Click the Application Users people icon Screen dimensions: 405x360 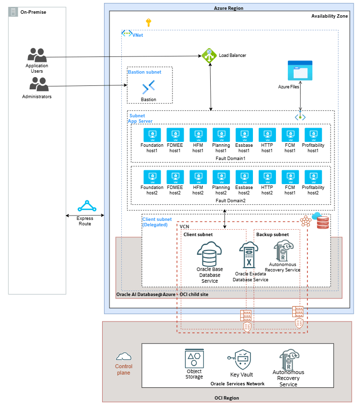click(37, 54)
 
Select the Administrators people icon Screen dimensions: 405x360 click(39, 84)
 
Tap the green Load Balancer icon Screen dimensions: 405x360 click(209, 55)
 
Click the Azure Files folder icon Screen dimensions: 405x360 click(300, 71)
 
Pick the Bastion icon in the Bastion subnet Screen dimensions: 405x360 click(148, 88)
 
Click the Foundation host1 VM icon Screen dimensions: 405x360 click(152, 135)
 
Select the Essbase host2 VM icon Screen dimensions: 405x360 click(244, 177)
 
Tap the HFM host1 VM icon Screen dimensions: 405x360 click(198, 135)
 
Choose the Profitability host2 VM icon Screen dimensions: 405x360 click(313, 177)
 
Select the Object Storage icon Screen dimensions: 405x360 click(194, 358)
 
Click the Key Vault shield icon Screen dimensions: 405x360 click(242, 359)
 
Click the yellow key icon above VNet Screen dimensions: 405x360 click(149, 22)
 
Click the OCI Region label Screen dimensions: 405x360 click(226, 398)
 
